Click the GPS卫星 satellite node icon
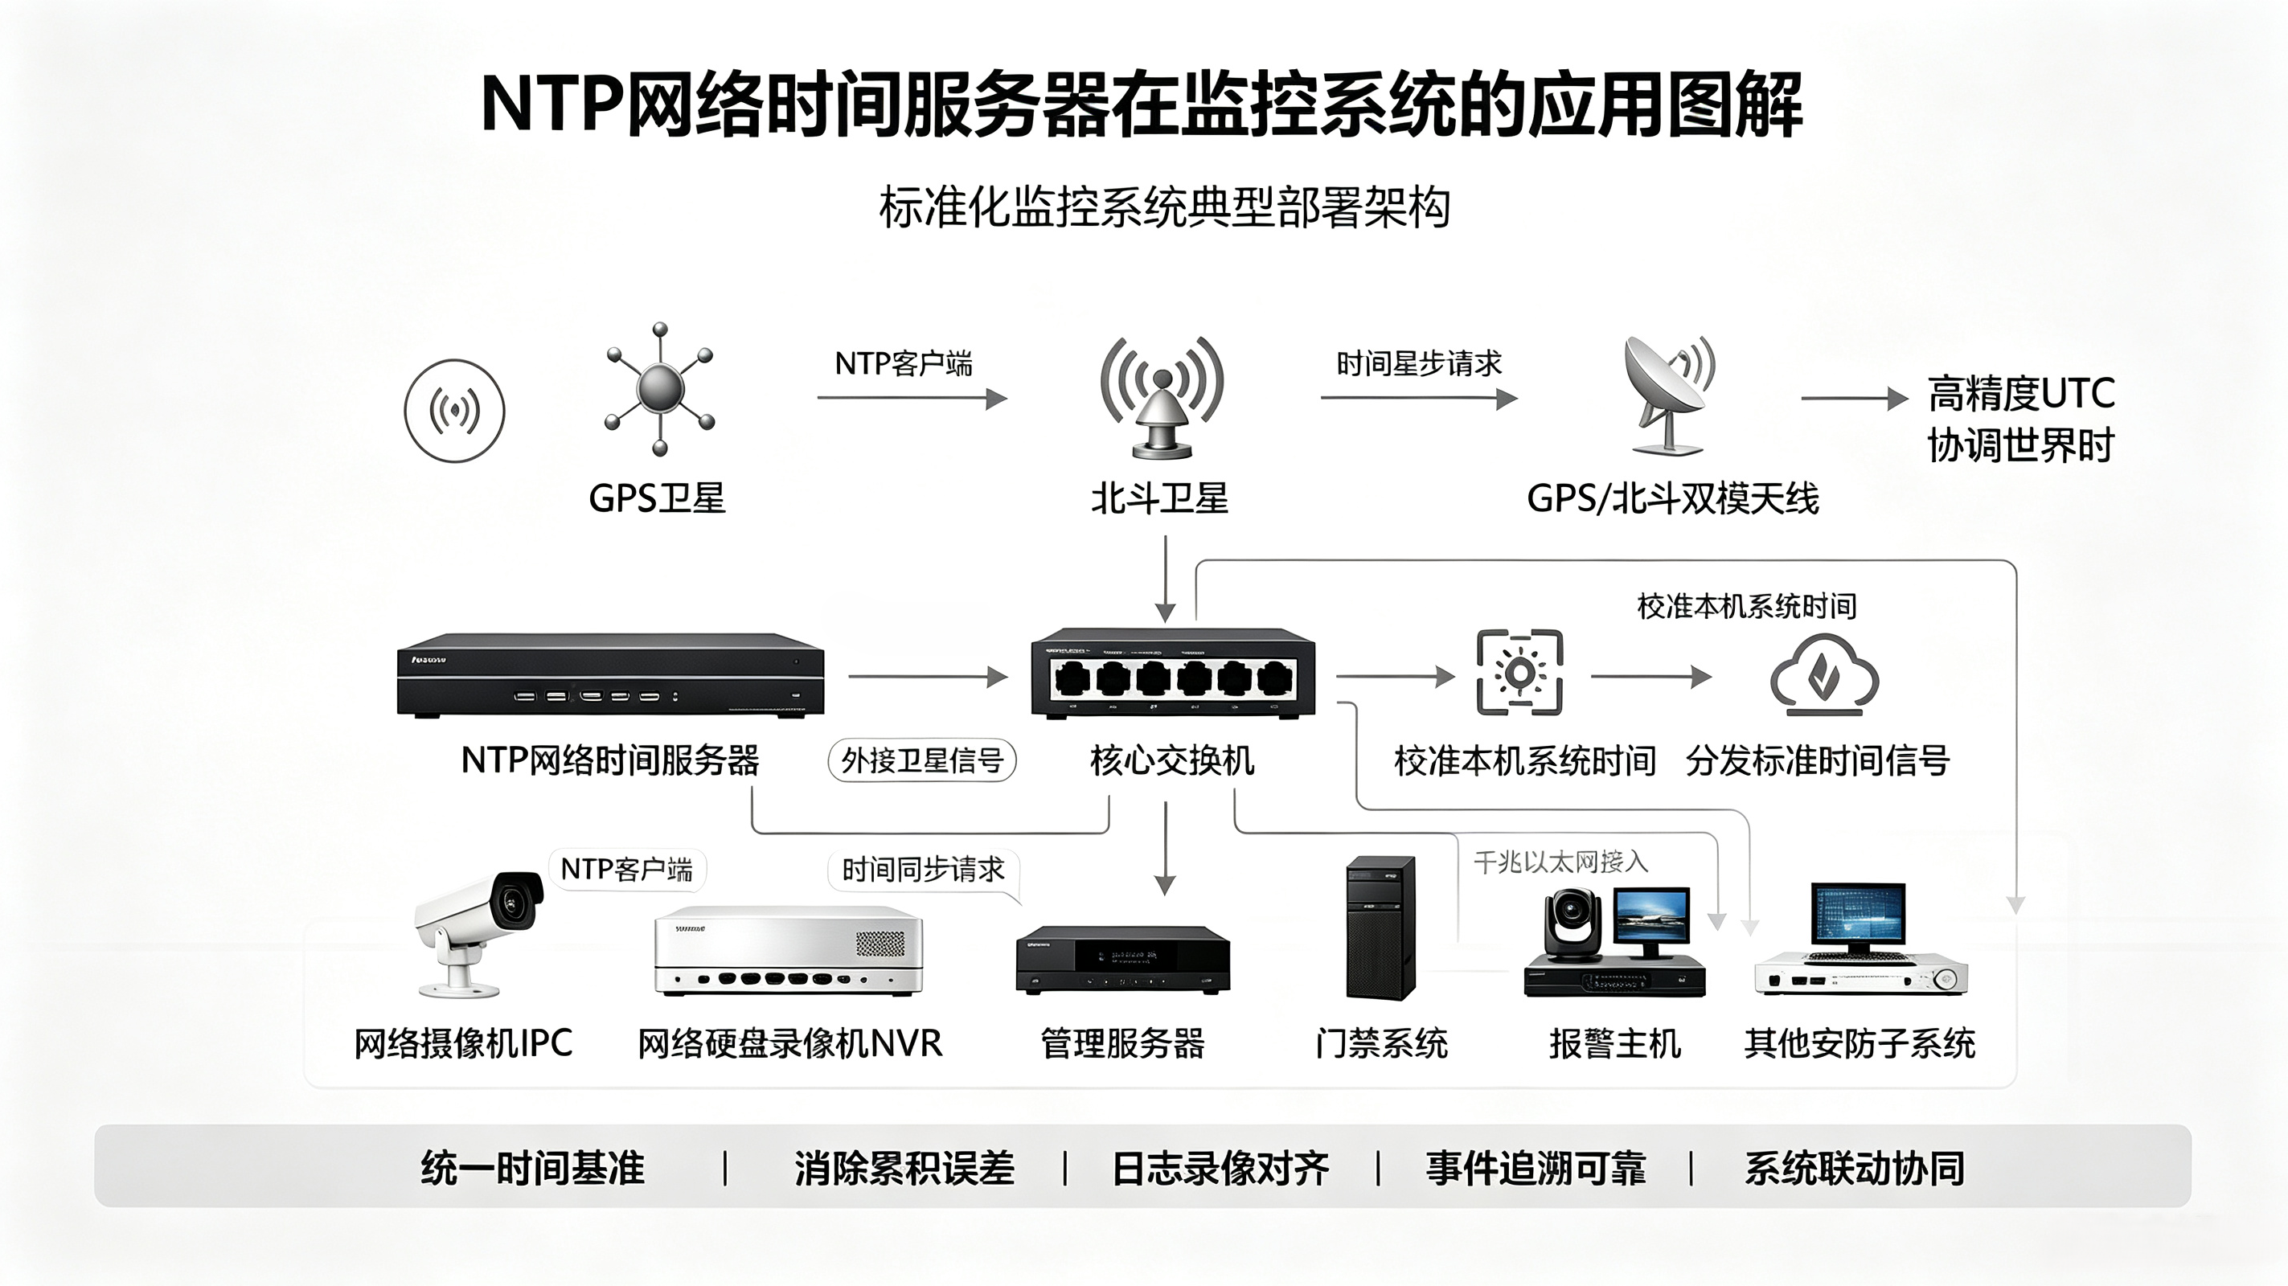pos(659,389)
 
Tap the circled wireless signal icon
pos(455,412)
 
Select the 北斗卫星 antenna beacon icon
pos(1162,398)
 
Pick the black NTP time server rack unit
pos(610,675)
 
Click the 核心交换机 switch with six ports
pos(1172,672)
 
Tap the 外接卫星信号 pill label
pos(922,760)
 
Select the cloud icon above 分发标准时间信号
pos(1824,675)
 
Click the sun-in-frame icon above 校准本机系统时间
pos(1519,672)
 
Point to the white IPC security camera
pos(478,932)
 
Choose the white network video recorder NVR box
pos(789,950)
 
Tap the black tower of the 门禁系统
pos(1380,928)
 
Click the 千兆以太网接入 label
pos(1560,862)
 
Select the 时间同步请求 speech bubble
pos(924,870)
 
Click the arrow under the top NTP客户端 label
pos(912,398)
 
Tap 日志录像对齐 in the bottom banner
pos(1220,1169)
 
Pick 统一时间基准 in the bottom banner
pos(533,1168)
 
